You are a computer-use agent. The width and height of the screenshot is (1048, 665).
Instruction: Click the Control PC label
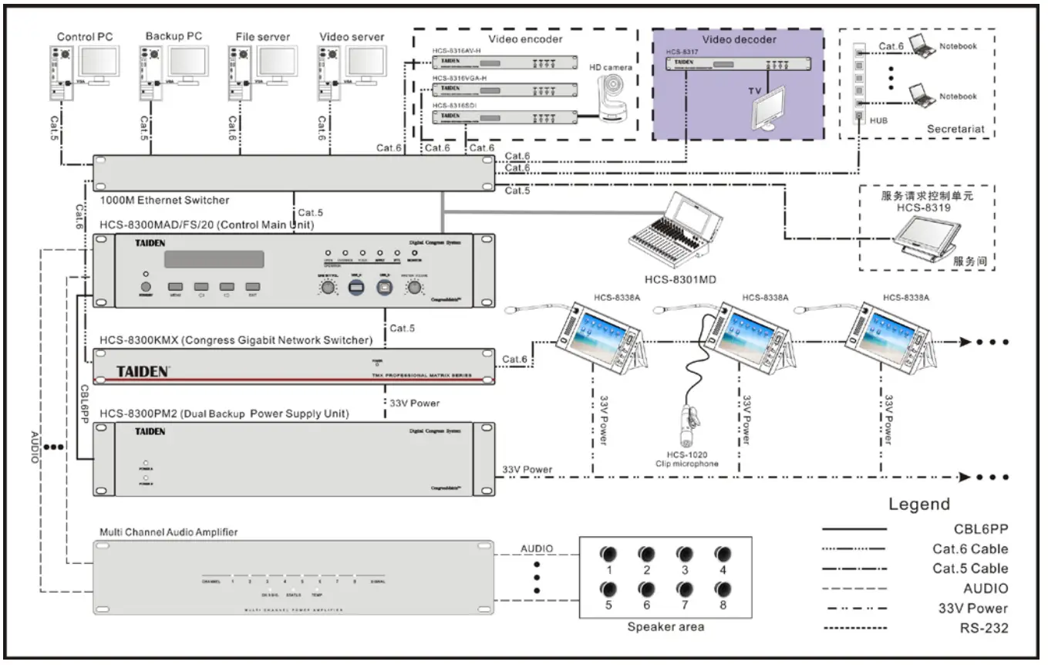(x=85, y=36)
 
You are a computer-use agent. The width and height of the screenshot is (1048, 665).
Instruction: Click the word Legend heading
(x=919, y=505)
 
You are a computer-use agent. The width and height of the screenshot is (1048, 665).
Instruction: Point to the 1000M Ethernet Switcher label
(x=164, y=201)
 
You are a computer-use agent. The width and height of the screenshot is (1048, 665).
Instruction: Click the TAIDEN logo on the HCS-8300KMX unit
(x=143, y=372)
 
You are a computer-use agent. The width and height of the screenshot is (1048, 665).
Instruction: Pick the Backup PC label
(x=174, y=36)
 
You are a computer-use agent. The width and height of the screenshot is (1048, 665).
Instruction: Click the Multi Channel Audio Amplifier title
(x=169, y=532)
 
